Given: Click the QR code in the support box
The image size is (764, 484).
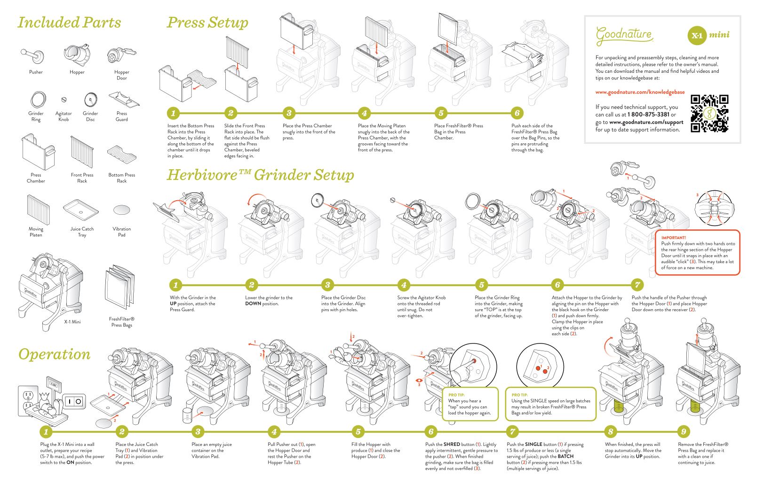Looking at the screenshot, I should point(709,113).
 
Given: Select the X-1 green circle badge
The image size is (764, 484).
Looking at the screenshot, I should point(697,35).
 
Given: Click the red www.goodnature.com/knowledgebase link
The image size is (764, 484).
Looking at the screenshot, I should point(640,92).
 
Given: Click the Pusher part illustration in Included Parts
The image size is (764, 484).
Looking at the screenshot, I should point(33,56).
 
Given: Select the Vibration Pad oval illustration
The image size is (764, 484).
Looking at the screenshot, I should point(122,210).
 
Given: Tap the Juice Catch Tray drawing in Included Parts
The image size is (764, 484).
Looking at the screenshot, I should point(81,210).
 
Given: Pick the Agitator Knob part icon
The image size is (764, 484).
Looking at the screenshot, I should point(64,100).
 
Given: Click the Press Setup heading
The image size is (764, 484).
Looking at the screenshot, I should point(207,22).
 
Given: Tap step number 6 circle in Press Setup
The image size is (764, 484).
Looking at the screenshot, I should point(517,113).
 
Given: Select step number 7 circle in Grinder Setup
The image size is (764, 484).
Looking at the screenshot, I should point(637,285).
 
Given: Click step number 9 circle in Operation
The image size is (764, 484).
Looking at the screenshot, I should point(683,431).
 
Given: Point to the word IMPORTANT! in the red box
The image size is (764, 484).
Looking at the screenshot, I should point(673,238).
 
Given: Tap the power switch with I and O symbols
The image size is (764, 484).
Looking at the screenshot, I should point(74,401).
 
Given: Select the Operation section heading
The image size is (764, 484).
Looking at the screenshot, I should point(54,354).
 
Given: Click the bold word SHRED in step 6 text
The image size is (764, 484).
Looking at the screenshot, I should point(452,444).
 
